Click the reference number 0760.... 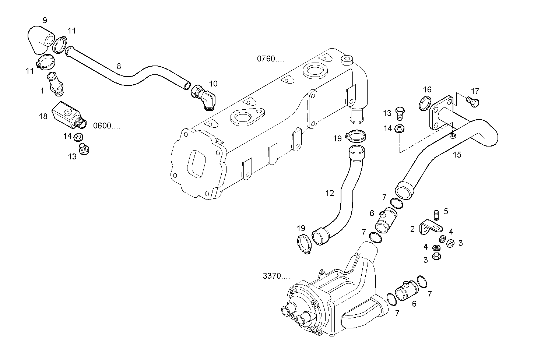point(270,59)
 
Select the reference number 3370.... point(276,276)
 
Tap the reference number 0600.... point(106,126)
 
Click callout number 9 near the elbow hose point(45,20)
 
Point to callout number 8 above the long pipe point(119,66)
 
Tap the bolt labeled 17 point(472,102)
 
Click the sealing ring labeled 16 point(425,103)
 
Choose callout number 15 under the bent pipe point(457,155)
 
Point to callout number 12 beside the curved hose point(330,193)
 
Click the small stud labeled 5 point(436,214)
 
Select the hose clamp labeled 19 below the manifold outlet point(356,136)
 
